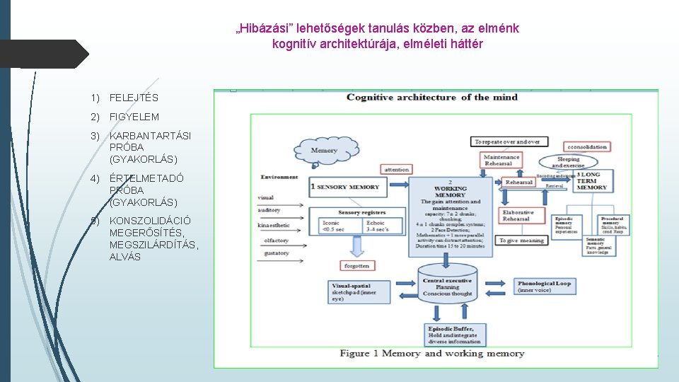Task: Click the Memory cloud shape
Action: tap(325, 150)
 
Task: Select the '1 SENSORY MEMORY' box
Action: tap(346, 187)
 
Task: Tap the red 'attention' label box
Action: tap(397, 169)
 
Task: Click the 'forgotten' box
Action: tap(356, 266)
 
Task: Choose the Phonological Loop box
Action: tap(544, 286)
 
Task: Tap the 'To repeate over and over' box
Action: tap(507, 141)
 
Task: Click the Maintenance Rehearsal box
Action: tap(502, 160)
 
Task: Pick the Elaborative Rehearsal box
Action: tap(518, 215)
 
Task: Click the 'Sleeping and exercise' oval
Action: tap(568, 162)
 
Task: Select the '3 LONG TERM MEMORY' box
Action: tap(591, 182)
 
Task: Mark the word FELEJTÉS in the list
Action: tap(134, 98)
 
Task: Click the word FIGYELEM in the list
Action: tap(134, 117)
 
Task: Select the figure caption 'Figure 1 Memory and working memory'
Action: tap(432, 353)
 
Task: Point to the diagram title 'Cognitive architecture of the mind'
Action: tap(432, 97)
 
